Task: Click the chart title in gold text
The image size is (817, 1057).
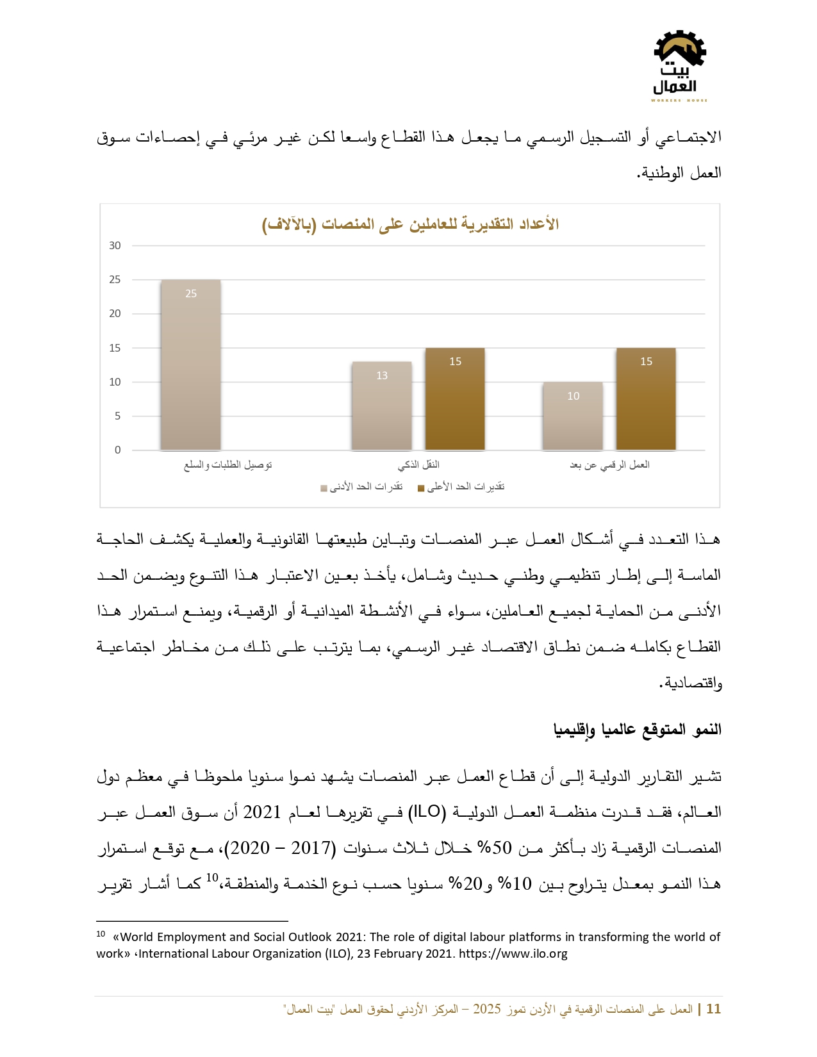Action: [410, 224]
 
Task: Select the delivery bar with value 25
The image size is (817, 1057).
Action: [190, 365]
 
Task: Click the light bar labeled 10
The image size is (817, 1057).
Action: [573, 416]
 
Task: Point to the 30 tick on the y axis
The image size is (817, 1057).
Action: [115, 245]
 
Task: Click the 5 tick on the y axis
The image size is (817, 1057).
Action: [117, 416]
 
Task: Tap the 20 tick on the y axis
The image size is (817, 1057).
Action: [115, 313]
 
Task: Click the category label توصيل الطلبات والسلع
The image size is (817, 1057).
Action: [228, 464]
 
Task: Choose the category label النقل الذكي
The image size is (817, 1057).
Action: [418, 464]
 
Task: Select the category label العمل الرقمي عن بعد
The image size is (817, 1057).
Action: [609, 464]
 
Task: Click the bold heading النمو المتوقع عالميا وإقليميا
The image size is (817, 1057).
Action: [637, 730]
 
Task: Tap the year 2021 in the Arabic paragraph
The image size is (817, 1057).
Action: [262, 812]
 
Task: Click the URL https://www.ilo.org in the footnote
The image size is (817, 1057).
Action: [513, 954]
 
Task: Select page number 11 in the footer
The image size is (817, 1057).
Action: [713, 1009]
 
